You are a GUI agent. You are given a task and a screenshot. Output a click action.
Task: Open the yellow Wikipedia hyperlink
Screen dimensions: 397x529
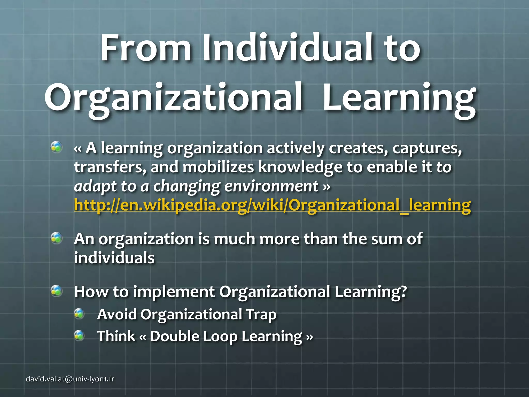pos(272,205)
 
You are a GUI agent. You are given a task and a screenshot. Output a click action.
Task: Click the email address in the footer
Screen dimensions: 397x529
pos(70,379)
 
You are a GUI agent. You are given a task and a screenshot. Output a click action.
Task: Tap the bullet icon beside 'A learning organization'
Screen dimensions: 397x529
pos(56,147)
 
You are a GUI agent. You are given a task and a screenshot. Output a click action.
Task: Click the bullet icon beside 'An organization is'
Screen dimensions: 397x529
pos(56,238)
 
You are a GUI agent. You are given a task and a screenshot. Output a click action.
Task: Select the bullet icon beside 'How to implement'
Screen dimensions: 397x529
pos(56,291)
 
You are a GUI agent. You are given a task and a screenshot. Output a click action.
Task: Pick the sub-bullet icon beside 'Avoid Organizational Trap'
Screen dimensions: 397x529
pos(79,314)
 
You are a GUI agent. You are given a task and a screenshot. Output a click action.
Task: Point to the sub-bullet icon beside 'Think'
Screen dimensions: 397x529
pos(79,336)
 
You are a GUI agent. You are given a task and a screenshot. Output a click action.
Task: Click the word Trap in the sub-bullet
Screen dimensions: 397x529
pos(261,315)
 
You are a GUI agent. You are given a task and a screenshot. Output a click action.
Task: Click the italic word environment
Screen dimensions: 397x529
pos(271,186)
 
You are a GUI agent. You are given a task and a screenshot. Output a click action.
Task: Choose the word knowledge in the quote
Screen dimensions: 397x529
pos(300,167)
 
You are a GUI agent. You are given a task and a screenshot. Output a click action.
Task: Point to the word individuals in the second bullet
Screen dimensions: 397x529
pos(114,258)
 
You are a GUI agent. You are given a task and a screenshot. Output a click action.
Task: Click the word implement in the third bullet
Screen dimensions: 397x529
pos(174,292)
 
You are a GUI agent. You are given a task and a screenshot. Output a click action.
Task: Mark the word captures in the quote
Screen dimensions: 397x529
pos(427,149)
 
